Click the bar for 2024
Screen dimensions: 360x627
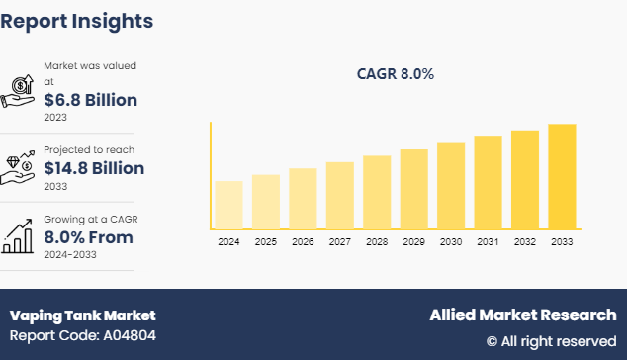[228, 205]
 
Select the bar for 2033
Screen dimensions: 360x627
[562, 176]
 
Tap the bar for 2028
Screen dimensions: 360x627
[377, 192]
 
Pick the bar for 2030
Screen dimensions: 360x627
[451, 186]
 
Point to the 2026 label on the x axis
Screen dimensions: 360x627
[303, 242]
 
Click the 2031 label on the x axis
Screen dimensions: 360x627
[488, 242]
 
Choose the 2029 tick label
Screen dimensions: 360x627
[413, 242]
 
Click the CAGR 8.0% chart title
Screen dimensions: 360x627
[396, 74]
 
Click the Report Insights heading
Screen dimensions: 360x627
[77, 20]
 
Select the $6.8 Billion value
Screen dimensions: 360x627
[91, 100]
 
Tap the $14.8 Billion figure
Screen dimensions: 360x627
[95, 168]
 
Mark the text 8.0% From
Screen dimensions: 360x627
[88, 237]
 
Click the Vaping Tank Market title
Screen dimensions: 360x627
[83, 315]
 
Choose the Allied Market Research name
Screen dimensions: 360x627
[522, 315]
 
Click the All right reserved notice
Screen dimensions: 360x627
[551, 341]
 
